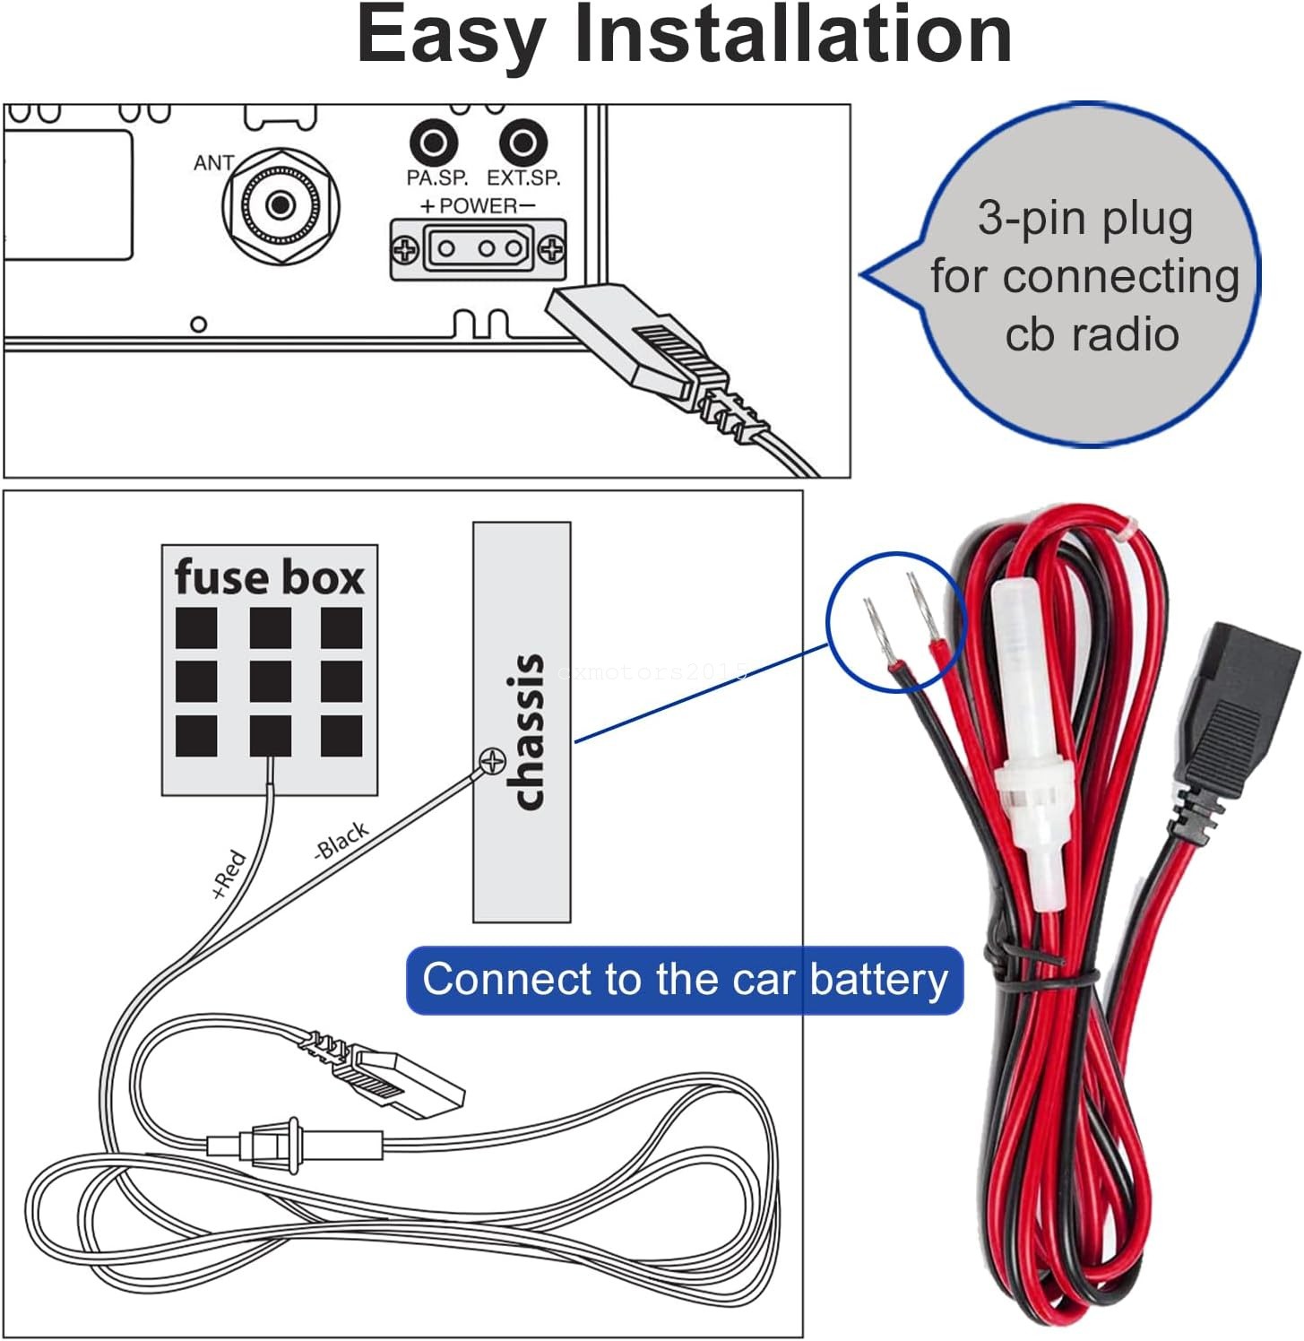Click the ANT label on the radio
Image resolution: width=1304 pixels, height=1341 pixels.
coord(213,163)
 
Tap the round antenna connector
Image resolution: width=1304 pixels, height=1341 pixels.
coord(281,206)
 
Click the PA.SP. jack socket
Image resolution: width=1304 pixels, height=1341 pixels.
coord(434,143)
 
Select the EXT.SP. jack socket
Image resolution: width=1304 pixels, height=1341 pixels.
coord(522,143)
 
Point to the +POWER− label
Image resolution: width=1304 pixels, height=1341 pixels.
coord(478,205)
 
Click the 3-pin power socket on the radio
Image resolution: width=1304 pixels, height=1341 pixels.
coord(479,248)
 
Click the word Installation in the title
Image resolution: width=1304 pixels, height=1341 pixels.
coord(792,36)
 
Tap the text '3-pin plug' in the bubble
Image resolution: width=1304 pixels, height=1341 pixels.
coord(1084,218)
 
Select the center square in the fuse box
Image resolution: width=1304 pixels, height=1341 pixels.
coord(270,681)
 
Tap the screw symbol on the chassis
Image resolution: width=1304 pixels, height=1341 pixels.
coord(492,762)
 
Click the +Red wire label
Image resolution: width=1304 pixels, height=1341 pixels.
coord(229,874)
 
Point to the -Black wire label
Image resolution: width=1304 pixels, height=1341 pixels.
coord(341,840)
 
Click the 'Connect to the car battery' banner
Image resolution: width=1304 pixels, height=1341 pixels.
coord(685,980)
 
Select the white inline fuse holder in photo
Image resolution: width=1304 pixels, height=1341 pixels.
coord(1031,744)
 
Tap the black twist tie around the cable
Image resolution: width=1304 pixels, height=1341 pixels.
coord(1040,973)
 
